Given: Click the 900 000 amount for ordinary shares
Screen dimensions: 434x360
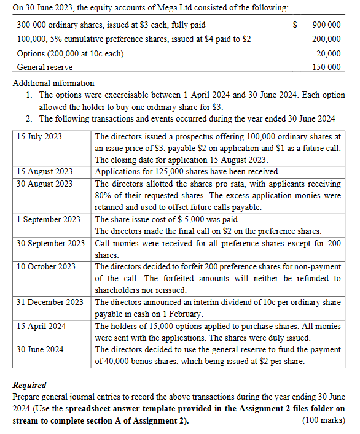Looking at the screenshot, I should pos(326,25).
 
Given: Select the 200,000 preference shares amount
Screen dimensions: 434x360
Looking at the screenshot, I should pos(326,39).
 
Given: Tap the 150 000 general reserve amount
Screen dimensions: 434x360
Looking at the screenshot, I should pos(326,67).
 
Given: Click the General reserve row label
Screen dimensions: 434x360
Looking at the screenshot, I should pos(44,67).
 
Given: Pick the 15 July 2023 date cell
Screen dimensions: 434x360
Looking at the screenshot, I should pos(39,136).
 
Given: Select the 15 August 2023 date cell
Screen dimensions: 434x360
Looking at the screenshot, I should pos(44,171).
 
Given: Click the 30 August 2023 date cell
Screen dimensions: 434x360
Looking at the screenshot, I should pos(44,184).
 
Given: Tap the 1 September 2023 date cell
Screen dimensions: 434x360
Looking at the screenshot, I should pos(48,219).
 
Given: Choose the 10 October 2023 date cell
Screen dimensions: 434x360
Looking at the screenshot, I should pos(46,266).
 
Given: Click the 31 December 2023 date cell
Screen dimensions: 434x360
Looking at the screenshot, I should pos(50,302).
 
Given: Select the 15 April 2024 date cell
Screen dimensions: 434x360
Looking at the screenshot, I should pos(41,326).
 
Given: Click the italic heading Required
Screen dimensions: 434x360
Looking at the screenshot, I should pos(29,385).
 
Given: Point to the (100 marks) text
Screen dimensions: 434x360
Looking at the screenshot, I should pos(324,420).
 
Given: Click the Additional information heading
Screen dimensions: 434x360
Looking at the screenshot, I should pos(53,83).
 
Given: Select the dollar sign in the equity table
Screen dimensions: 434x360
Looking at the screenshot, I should pos(295,25).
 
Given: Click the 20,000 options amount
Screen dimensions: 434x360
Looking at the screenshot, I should pos(329,53).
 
